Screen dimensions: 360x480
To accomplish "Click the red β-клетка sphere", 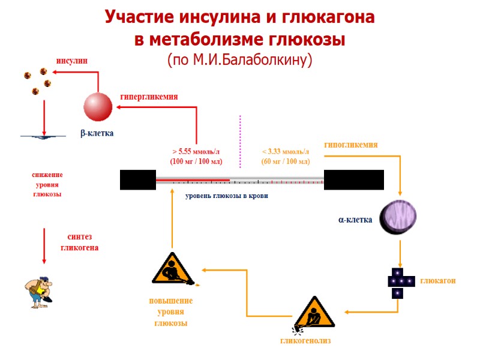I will pos(98,107).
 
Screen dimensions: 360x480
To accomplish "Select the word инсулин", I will pos(72,61).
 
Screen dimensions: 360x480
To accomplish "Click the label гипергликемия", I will pos(149,96).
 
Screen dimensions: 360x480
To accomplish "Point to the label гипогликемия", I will pos(351,145).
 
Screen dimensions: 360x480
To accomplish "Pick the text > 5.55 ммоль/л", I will pos(196,152).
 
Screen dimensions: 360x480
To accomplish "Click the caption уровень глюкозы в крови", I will pos(227,196).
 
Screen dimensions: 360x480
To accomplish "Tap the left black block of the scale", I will pos(137,179).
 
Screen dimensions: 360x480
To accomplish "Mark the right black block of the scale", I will pos(353,179).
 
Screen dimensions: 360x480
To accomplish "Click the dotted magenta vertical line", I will pos(240,142).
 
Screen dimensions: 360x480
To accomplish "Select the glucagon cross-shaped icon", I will pos(398,282).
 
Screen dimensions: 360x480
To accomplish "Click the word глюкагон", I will pos(438,281).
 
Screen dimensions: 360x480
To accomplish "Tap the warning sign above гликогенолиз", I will pos(311,313).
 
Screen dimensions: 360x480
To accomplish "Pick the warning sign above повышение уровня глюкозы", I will pos(172,268).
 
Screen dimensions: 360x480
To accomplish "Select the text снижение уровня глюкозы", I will pos(47,184).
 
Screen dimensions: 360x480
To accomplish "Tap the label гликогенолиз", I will pos(306,341).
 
